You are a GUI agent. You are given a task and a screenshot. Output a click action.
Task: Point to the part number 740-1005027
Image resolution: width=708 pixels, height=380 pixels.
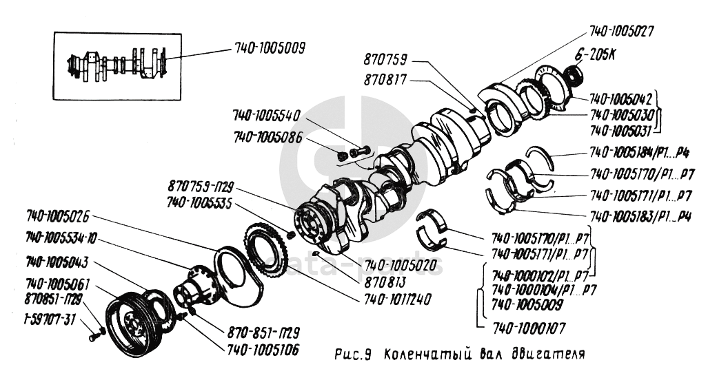[x=621, y=32]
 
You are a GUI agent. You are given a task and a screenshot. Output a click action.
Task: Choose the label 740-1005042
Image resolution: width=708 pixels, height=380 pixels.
[x=620, y=98]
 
